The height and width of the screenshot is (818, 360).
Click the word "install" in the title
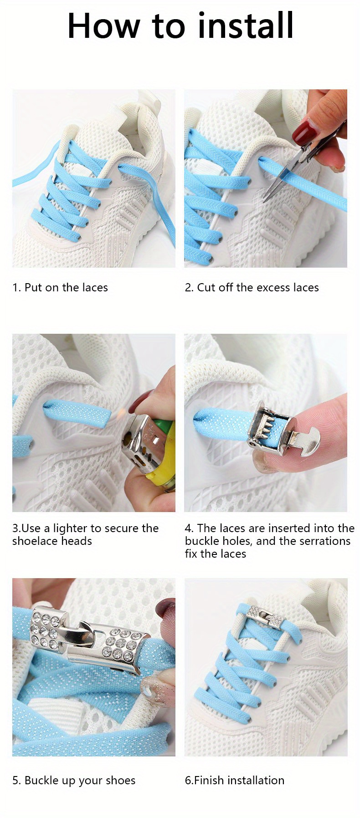tap(246, 26)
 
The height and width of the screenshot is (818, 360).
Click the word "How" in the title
tap(103, 26)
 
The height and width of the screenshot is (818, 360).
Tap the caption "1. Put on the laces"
tap(60, 288)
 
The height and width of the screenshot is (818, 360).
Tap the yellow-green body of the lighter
tap(162, 456)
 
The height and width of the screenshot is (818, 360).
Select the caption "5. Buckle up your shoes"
tap(74, 781)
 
